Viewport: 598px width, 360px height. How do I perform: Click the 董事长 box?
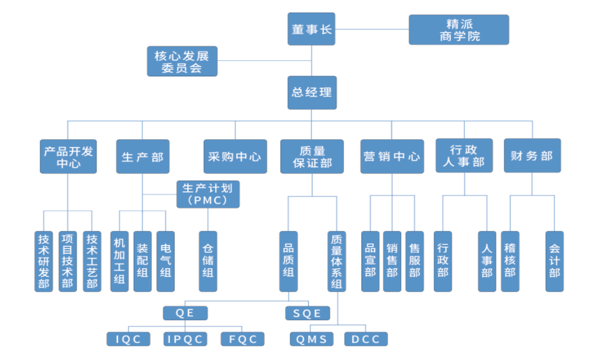(x=311, y=29)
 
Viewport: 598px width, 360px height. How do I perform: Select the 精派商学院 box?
(x=459, y=30)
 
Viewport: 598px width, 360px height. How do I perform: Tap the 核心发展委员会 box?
(x=182, y=61)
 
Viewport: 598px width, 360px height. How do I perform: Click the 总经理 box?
(x=311, y=92)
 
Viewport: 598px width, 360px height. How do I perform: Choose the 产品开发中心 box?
(x=68, y=156)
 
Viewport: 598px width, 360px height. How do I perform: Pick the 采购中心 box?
(x=235, y=156)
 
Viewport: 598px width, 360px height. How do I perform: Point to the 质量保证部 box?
(x=312, y=156)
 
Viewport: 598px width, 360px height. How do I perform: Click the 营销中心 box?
(x=392, y=156)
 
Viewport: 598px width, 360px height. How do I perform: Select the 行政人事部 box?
(x=464, y=156)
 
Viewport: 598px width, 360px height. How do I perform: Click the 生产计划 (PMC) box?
(x=208, y=194)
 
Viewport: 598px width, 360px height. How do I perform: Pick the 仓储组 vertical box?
(x=208, y=261)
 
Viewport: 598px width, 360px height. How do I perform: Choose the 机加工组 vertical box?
(x=120, y=261)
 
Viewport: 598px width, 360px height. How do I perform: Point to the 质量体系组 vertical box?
(x=337, y=261)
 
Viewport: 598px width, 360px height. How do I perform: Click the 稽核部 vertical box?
(x=510, y=261)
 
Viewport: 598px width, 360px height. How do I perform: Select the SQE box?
(x=308, y=313)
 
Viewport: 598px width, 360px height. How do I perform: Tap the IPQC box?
(x=185, y=339)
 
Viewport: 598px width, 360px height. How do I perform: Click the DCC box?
(x=366, y=339)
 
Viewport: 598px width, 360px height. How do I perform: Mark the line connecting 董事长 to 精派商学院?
(x=372, y=30)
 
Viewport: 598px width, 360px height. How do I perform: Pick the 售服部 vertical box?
(x=414, y=261)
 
